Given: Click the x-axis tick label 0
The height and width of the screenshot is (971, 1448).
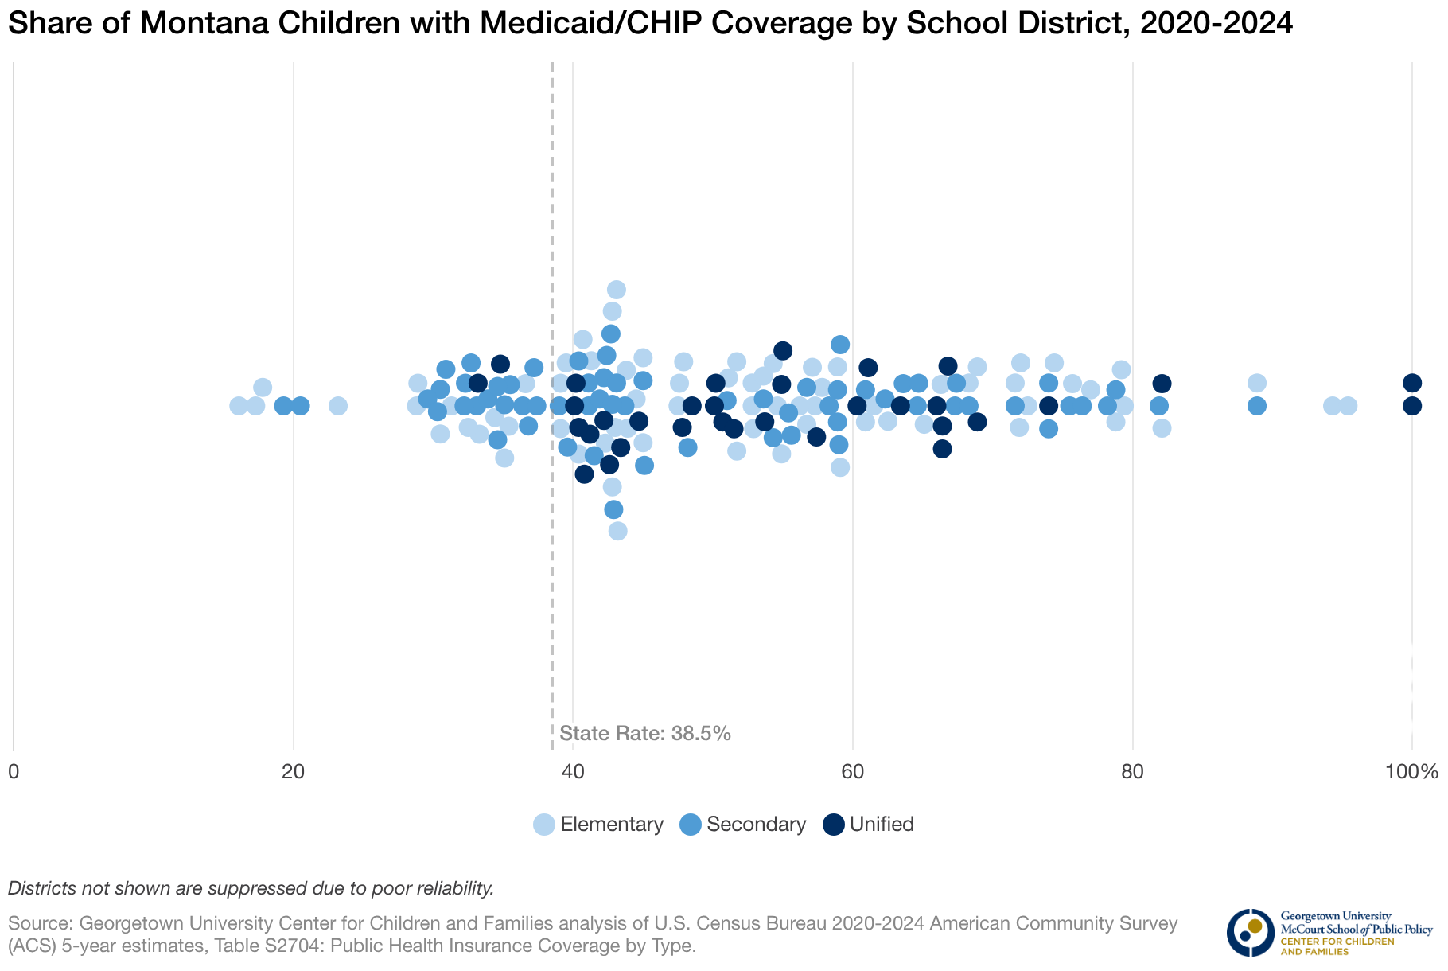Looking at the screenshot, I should tap(14, 771).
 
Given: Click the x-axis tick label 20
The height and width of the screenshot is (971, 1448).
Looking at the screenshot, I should tap(294, 771).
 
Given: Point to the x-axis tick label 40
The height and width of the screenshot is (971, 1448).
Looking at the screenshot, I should tap(573, 771).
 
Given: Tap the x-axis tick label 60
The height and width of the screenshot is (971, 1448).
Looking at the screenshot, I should tap(853, 771).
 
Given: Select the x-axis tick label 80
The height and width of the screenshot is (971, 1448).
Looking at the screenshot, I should tap(1132, 771).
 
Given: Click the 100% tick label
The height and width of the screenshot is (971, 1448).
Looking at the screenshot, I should tap(1411, 771).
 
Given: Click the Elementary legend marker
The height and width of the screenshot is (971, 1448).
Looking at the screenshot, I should tap(544, 825).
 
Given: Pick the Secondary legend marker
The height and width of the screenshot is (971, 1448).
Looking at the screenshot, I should tap(691, 825).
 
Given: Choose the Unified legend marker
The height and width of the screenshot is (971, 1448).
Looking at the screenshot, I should tap(834, 825).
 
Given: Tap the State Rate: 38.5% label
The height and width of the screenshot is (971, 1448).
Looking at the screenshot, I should tap(645, 734).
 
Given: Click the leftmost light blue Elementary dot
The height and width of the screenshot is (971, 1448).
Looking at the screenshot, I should tap(239, 406).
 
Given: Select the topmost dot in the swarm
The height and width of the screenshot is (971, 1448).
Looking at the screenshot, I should tap(617, 290).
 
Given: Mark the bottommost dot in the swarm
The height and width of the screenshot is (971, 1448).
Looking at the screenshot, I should tap(618, 531).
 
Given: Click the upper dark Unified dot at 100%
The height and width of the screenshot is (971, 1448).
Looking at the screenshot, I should tap(1412, 383).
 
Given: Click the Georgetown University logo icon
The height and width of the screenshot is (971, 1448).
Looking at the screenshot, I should tap(1250, 932).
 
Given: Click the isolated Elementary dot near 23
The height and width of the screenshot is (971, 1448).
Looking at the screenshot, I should tap(338, 406).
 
